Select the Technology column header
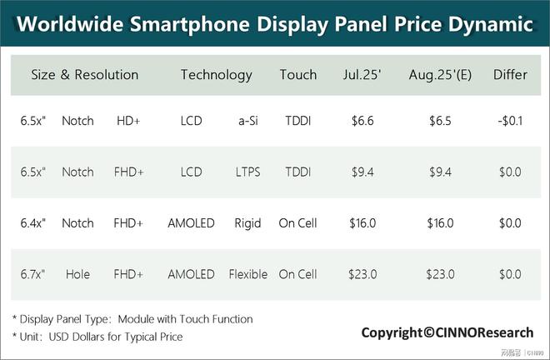[x=216, y=75]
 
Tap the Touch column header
[x=298, y=75]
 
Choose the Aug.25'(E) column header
[x=440, y=75]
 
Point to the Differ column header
[x=510, y=75]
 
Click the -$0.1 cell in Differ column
[x=509, y=121]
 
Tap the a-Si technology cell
[x=247, y=121]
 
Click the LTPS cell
[x=247, y=172]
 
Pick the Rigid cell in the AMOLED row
[x=247, y=223]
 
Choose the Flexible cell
[x=247, y=274]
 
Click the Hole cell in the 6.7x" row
[x=77, y=274]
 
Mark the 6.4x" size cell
[x=33, y=223]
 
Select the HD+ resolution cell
[x=128, y=121]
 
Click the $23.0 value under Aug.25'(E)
[x=440, y=274]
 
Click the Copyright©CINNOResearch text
[x=447, y=332]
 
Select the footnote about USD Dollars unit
[x=97, y=337]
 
